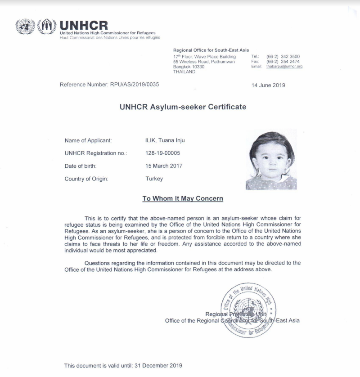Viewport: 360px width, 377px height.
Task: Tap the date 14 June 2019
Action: (268, 85)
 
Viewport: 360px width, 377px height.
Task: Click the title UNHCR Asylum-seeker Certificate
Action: (183, 107)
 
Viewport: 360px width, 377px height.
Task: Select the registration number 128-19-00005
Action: (162, 153)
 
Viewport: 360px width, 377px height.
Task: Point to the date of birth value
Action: (164, 166)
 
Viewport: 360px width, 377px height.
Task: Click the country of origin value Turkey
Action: (154, 179)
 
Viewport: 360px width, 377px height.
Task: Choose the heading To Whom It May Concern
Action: (183, 198)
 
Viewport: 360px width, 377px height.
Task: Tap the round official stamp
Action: (248, 310)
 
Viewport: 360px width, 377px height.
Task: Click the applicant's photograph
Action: (271, 160)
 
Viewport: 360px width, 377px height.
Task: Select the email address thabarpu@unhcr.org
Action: (284, 66)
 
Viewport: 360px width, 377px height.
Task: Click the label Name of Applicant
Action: (88, 140)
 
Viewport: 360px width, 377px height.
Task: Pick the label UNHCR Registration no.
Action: (96, 153)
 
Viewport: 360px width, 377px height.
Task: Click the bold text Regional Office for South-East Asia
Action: (211, 50)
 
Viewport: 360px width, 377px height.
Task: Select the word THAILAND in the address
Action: (184, 72)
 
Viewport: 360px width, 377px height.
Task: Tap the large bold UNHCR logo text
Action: (84, 26)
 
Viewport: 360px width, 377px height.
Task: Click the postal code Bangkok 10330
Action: (189, 67)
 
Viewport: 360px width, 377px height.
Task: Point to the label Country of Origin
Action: (86, 179)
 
